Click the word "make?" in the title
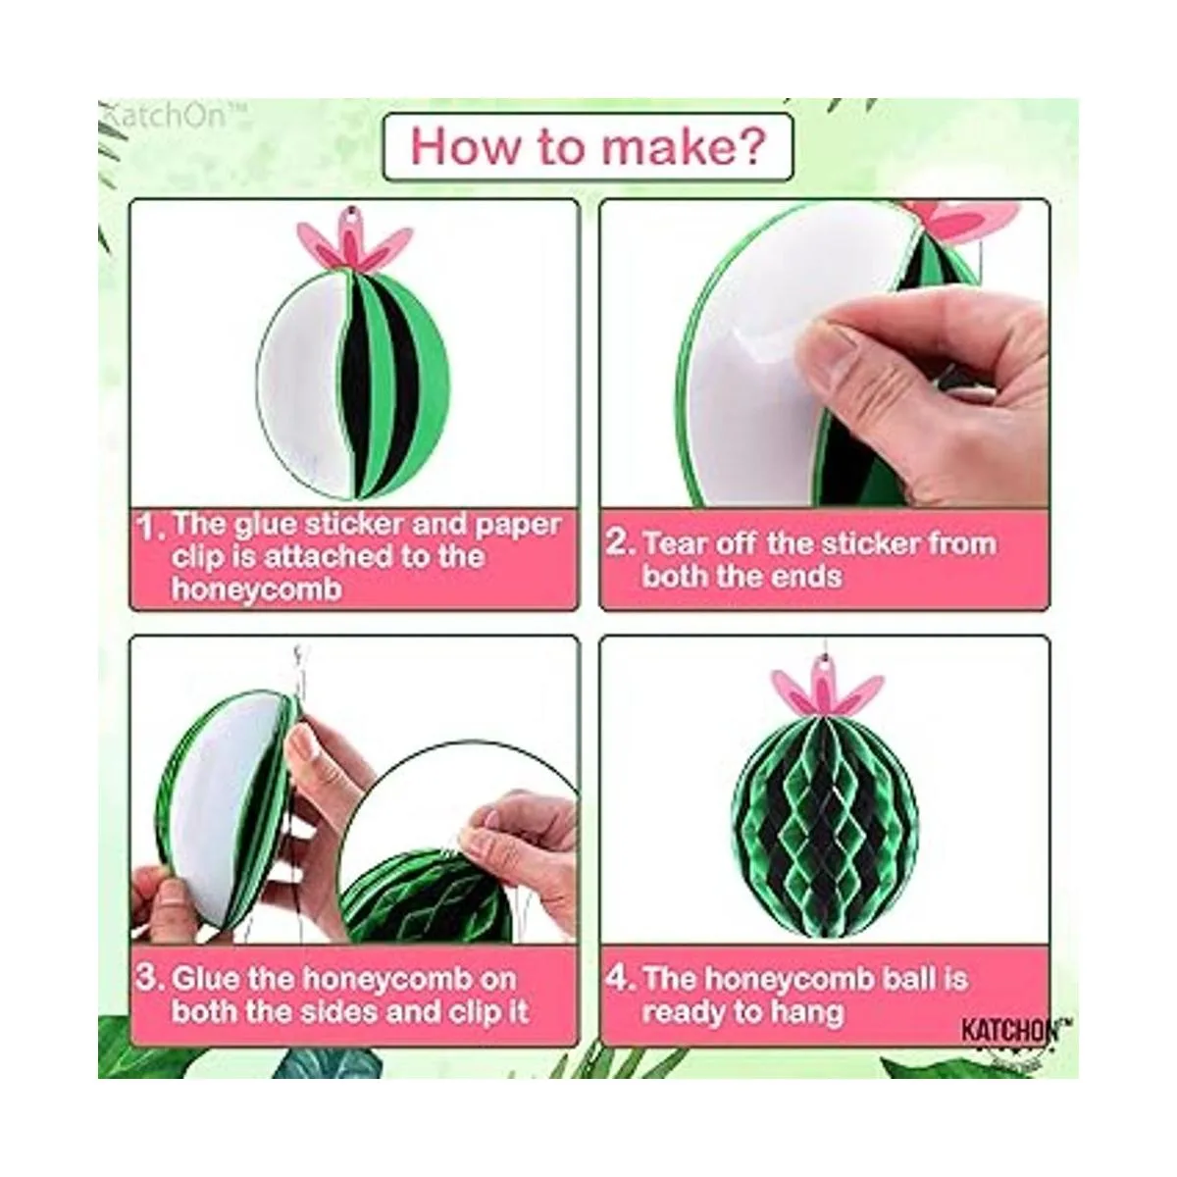point(683,147)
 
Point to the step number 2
point(622,542)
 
